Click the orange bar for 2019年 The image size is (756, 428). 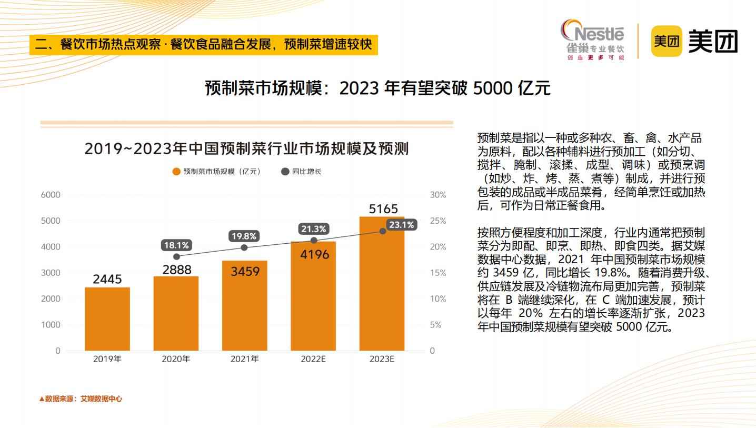click(107, 318)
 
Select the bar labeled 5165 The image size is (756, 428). click(382, 284)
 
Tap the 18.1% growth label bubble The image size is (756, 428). click(176, 245)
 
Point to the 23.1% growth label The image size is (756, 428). click(402, 225)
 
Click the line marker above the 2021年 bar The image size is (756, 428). click(244, 247)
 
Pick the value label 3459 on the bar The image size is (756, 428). click(245, 272)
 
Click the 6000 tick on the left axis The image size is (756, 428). click(51, 195)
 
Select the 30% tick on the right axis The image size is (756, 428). click(438, 195)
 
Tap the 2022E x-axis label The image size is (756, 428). click(313, 359)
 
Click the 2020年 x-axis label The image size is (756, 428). click(176, 359)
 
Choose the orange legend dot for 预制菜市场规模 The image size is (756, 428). click(176, 172)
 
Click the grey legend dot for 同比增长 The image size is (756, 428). click(285, 172)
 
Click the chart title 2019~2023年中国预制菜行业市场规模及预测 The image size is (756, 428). click(246, 148)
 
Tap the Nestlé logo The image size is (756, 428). click(593, 39)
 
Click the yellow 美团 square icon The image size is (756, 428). click(667, 41)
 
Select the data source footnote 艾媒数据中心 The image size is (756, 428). click(81, 399)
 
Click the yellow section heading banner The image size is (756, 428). click(204, 44)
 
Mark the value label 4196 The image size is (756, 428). click(314, 255)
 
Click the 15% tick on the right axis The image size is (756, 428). click(438, 273)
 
